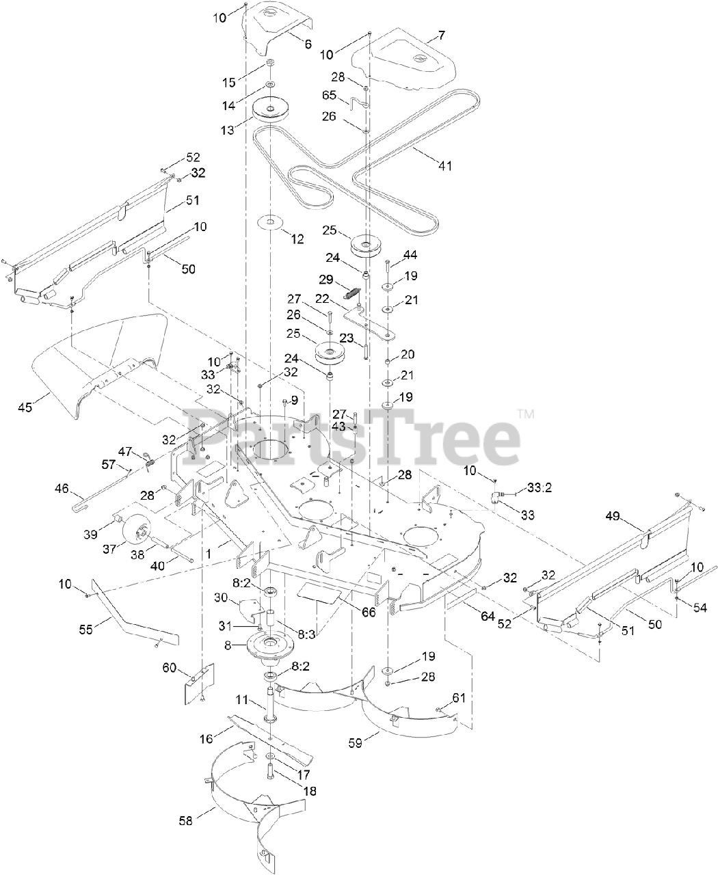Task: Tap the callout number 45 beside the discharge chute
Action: [25, 407]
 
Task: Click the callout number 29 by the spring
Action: [325, 280]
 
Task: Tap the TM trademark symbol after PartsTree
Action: [524, 414]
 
